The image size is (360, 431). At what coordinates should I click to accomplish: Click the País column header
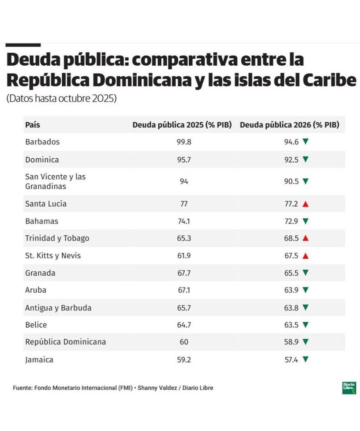(x=33, y=125)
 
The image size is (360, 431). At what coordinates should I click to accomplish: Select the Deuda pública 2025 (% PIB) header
(x=184, y=125)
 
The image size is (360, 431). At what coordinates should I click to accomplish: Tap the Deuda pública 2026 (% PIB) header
(x=290, y=125)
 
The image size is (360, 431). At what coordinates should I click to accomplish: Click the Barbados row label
(x=42, y=142)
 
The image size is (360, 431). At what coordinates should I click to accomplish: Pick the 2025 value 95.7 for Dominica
(x=184, y=160)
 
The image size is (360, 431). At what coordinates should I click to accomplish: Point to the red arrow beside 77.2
(x=305, y=204)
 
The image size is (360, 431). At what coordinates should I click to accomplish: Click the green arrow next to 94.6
(x=305, y=142)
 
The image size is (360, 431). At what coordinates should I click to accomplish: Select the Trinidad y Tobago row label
(x=57, y=238)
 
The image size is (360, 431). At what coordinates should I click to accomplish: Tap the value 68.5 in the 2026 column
(x=291, y=238)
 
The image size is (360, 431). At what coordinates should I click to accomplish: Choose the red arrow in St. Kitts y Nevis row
(x=305, y=256)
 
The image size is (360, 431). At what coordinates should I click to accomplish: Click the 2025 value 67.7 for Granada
(x=184, y=273)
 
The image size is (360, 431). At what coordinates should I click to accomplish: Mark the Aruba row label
(x=36, y=290)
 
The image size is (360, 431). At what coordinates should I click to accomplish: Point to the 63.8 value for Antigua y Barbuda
(x=291, y=308)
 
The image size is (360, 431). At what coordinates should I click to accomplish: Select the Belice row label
(x=36, y=325)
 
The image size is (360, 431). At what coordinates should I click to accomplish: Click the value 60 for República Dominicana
(x=184, y=342)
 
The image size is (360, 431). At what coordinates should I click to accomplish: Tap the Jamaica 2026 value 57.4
(x=291, y=360)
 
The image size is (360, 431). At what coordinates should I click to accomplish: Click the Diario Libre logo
(x=349, y=388)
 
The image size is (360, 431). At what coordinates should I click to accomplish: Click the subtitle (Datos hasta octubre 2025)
(x=61, y=99)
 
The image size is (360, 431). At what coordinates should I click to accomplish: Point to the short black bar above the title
(x=23, y=45)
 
